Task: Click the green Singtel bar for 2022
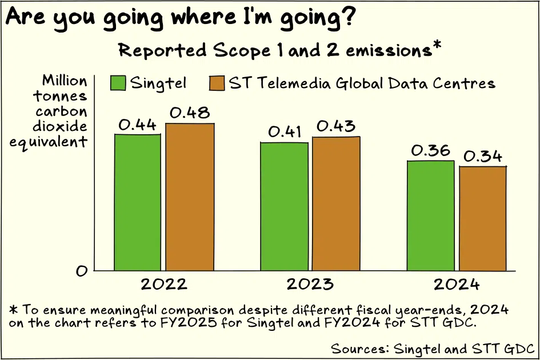(x=137, y=202)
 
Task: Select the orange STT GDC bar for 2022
(x=190, y=197)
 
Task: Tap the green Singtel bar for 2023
(x=284, y=206)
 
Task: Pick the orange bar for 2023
(x=336, y=203)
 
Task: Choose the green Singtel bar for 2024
(x=431, y=215)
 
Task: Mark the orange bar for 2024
(x=483, y=218)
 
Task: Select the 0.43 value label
(x=336, y=126)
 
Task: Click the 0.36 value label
(x=431, y=151)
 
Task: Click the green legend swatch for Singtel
(x=118, y=83)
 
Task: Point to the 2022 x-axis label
(x=165, y=285)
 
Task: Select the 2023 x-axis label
(x=310, y=285)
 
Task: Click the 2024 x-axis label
(x=457, y=285)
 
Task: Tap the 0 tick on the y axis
(x=82, y=271)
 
